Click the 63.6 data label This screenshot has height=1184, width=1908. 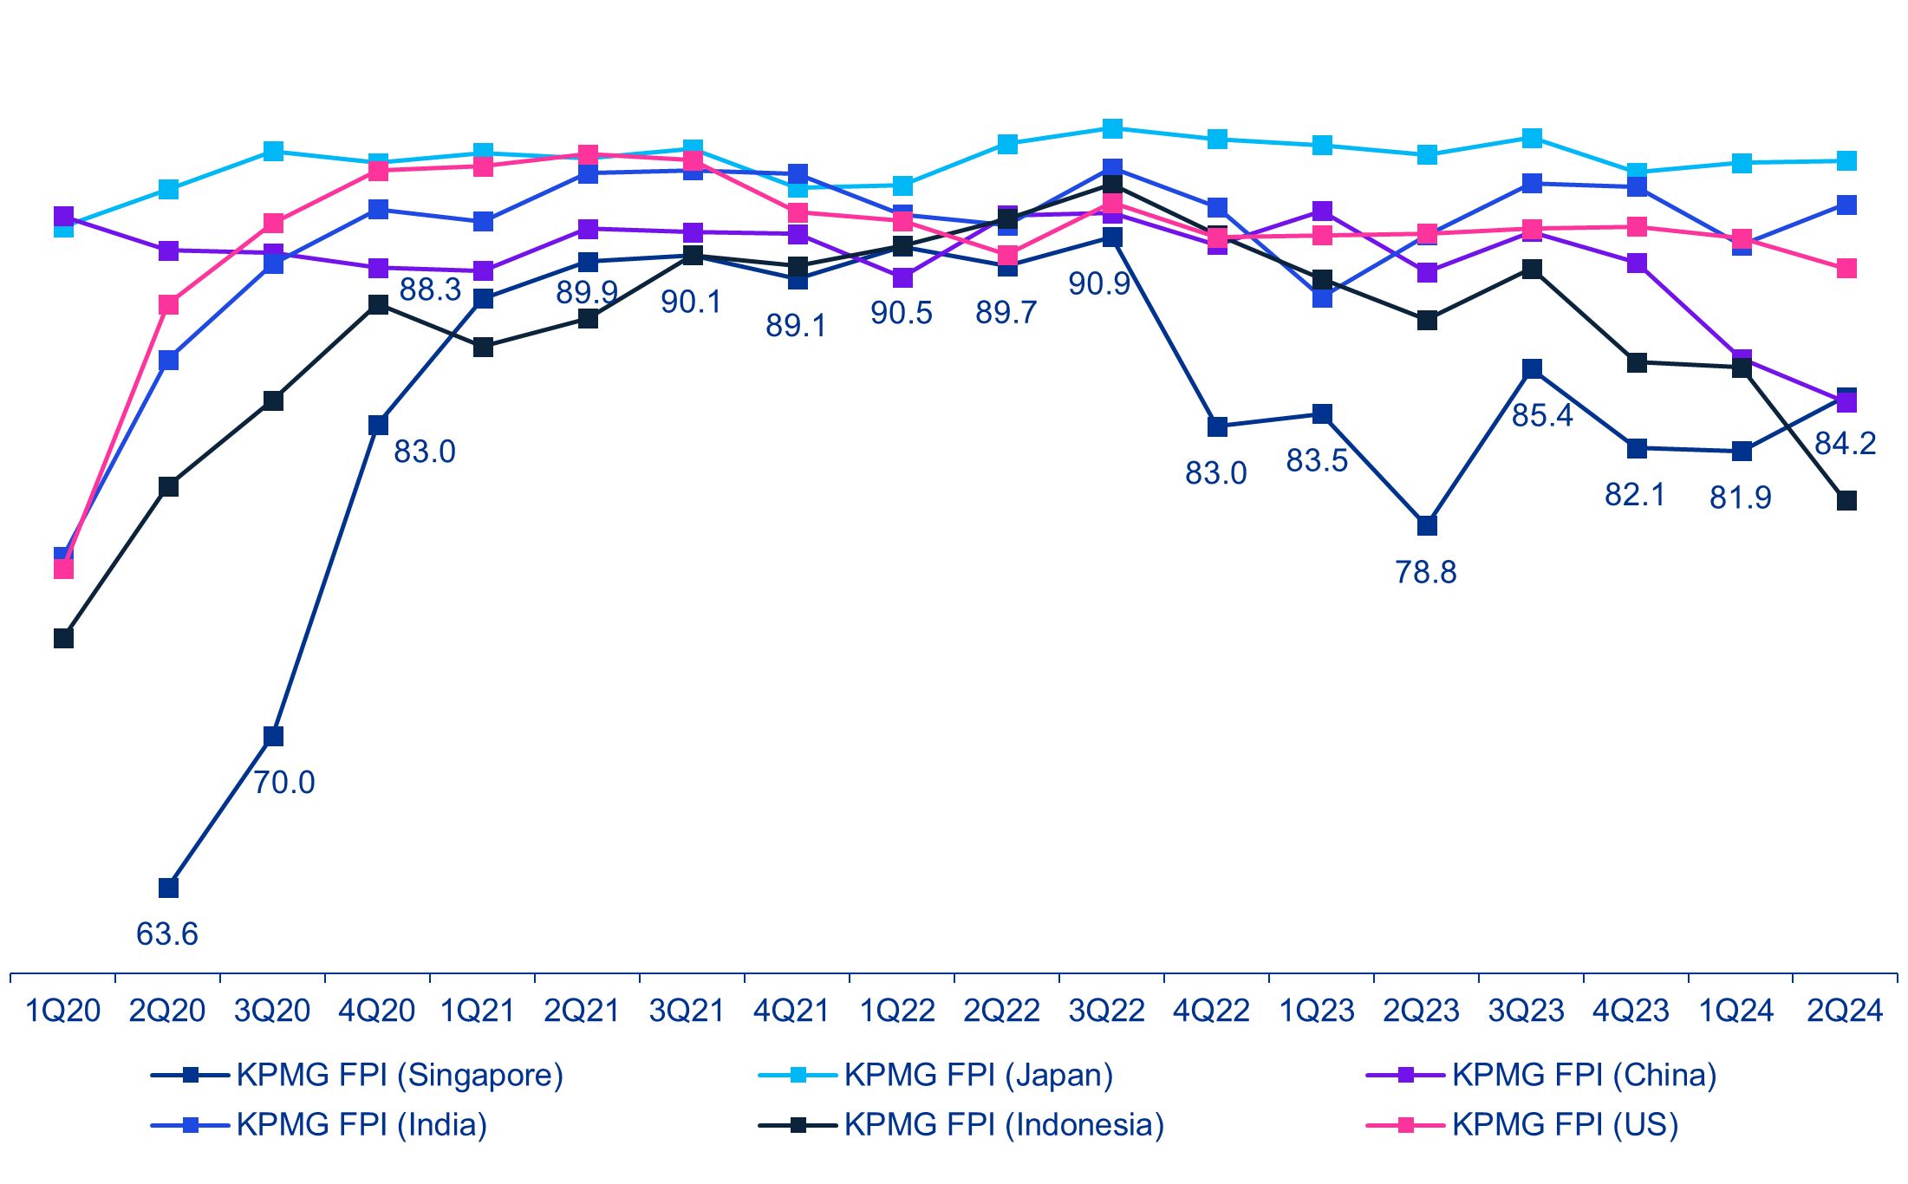click(167, 934)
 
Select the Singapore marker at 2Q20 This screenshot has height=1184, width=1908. click(168, 888)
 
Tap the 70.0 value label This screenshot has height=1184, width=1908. click(283, 782)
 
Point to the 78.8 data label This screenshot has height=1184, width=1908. click(1425, 572)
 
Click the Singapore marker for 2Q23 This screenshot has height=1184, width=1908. click(1427, 525)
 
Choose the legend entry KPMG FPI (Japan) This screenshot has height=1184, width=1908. click(978, 1075)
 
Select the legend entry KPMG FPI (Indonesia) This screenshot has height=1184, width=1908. click(1003, 1125)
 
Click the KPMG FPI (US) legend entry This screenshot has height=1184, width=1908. click(1565, 1125)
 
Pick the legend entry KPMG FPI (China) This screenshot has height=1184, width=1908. click(1584, 1075)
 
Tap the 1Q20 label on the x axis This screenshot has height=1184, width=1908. click(62, 1011)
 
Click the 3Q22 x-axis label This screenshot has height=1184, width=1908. click(1107, 1011)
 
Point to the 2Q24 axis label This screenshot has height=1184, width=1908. click(1845, 1011)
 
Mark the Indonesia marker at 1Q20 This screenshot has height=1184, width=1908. click(63, 638)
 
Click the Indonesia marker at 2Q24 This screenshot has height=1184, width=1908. click(1847, 500)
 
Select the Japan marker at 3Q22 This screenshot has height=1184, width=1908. click(1112, 128)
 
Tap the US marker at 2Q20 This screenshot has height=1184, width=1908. click(168, 304)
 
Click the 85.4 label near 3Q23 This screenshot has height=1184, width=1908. click(1542, 416)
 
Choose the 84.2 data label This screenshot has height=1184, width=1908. click(1845, 444)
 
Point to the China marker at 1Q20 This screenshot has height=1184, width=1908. click(63, 216)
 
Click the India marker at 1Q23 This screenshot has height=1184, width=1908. click(1322, 297)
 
